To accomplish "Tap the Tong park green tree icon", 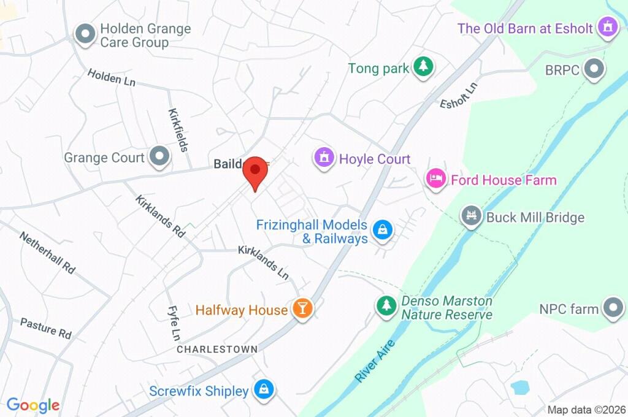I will [423, 67].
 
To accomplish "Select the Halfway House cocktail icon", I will [302, 308].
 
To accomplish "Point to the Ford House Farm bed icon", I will [435, 179].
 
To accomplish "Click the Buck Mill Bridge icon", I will [471, 216].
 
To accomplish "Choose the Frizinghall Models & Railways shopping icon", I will [383, 231].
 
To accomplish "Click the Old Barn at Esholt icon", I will [608, 28].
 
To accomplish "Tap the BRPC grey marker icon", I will [593, 69].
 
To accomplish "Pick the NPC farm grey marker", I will [613, 308].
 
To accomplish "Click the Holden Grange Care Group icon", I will [84, 34].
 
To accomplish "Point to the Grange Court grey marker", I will [160, 157].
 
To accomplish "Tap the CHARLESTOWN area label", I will [217, 349].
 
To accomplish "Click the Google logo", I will [33, 405].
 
